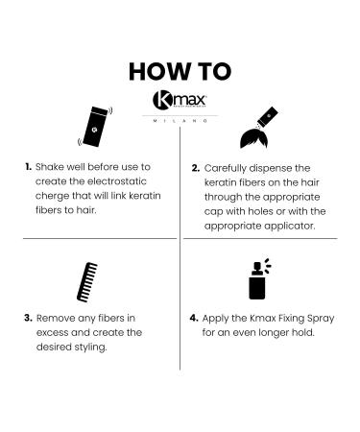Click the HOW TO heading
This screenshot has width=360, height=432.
180,73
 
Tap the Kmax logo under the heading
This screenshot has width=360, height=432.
180,101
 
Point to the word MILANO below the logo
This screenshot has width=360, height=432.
180,121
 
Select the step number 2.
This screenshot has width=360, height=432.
196,167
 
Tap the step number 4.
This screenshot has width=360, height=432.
196,317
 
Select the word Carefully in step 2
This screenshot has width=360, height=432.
229,167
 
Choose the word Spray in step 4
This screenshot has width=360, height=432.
324,317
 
